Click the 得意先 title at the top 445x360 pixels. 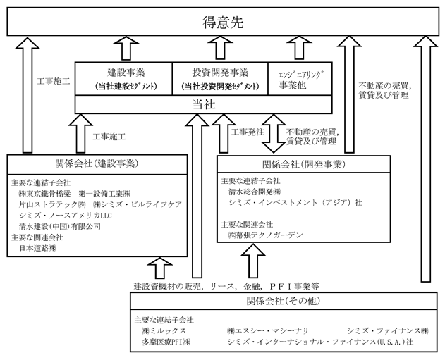click(x=223, y=23)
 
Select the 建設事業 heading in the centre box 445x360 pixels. click(x=126, y=73)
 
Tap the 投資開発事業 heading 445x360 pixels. click(x=220, y=73)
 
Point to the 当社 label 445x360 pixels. click(x=204, y=104)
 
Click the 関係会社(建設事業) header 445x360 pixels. click(x=97, y=164)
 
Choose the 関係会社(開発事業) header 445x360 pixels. click(x=304, y=164)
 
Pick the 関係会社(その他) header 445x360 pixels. click(x=284, y=301)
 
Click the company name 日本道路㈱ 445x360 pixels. click(x=37, y=248)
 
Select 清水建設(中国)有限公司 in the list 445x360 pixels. click(x=60, y=226)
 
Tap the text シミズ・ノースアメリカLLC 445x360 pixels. click(x=66, y=216)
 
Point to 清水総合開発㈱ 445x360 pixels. click(x=255, y=192)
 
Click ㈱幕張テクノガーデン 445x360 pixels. click(x=266, y=235)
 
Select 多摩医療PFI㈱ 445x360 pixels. click(x=166, y=342)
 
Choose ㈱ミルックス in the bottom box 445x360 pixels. click(x=164, y=330)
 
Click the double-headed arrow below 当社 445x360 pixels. click(x=274, y=134)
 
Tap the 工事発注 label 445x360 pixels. click(x=248, y=132)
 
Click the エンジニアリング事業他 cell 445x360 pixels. click(x=300, y=79)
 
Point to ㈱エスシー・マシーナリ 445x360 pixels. click(x=267, y=330)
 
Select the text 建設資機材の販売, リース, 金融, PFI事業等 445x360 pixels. click(x=226, y=286)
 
